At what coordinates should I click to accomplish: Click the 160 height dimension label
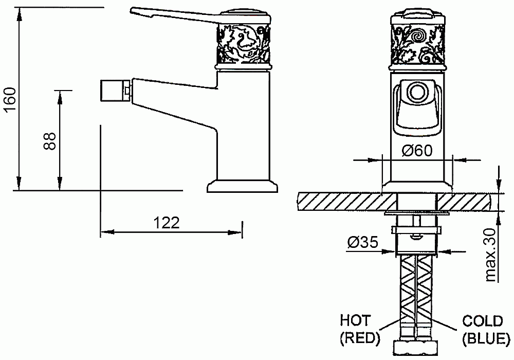point(9,100)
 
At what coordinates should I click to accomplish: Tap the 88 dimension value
point(50,141)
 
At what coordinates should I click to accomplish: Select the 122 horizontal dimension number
point(167,223)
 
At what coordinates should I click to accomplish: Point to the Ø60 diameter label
point(417,151)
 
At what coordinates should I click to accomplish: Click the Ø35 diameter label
point(362,242)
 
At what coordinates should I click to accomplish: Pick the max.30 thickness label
point(491,255)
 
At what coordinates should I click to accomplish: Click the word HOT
point(355,320)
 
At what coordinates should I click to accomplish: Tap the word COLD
point(483,321)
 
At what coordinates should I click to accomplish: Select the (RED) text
point(360,338)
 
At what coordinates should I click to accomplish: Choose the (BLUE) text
point(486,338)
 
